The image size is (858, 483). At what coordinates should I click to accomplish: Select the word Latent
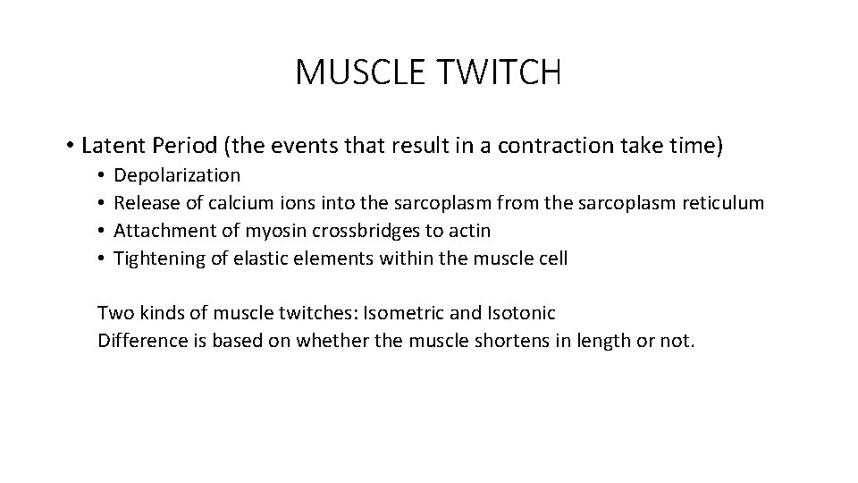(x=114, y=145)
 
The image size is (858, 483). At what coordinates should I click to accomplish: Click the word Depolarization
(x=178, y=175)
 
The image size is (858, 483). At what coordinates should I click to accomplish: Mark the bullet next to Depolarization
(x=104, y=175)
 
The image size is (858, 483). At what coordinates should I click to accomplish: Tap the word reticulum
(x=719, y=203)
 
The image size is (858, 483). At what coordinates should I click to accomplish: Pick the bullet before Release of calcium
(x=104, y=203)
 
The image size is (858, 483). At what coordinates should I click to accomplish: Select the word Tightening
(x=157, y=258)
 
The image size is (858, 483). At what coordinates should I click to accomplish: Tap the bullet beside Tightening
(x=104, y=258)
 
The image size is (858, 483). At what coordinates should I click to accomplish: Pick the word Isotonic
(x=523, y=313)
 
